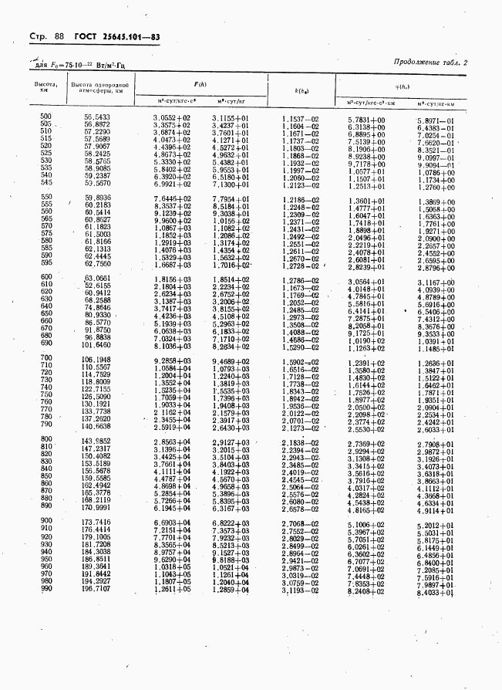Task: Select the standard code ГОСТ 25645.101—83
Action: coord(116,38)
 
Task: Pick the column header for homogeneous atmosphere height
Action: coord(98,86)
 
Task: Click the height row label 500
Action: coord(45,117)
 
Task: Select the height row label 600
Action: coord(45,277)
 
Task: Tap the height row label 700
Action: coord(45,360)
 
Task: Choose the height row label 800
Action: coord(45,440)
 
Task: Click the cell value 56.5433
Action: coord(97,117)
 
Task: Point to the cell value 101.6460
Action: coord(97,345)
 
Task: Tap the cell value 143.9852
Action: coord(97,440)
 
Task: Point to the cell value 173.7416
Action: coord(97,523)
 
